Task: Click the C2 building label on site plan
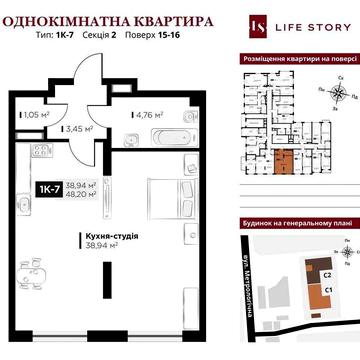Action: pyautogui.click(x=326, y=272)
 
